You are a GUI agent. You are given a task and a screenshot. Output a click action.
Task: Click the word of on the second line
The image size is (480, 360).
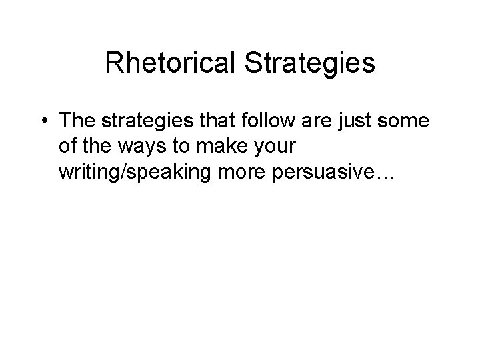[67, 146]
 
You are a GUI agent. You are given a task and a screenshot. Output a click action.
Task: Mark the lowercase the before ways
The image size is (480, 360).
[97, 146]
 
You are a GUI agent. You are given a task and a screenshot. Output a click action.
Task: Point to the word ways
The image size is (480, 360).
[138, 147]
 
